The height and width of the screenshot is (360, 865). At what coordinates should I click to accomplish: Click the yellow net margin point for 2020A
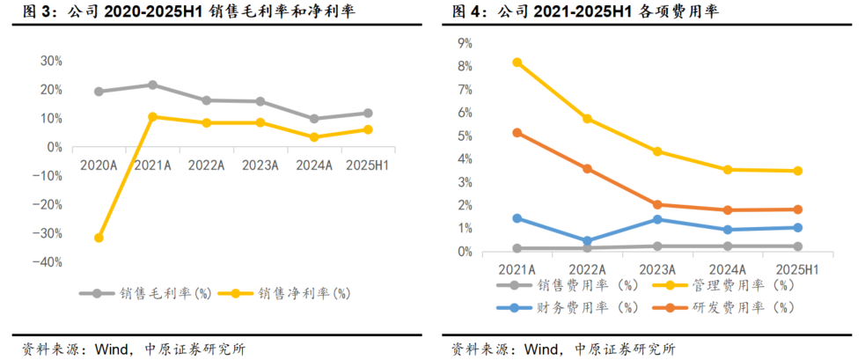point(99,238)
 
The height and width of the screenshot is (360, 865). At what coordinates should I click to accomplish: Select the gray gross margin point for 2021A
point(152,85)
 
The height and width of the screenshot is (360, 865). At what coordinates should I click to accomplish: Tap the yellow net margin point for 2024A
point(314,136)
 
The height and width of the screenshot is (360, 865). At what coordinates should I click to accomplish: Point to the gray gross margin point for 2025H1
point(368,113)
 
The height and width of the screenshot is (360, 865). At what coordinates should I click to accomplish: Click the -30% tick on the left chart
point(48,233)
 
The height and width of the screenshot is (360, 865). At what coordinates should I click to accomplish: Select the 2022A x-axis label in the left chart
point(206,165)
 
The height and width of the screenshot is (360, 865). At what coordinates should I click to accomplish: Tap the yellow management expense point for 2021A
point(517,62)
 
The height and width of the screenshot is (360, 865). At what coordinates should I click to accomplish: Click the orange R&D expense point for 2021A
point(517,133)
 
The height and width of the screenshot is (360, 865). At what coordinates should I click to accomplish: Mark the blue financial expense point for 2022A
point(588,240)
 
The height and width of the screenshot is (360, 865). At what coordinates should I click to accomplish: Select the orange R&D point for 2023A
point(657,204)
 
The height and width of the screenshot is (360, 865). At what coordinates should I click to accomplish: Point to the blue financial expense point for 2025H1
point(797,227)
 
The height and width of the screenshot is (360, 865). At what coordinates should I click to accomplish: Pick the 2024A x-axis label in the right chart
point(728,268)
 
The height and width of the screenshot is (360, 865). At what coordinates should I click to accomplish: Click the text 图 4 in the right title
point(468,12)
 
